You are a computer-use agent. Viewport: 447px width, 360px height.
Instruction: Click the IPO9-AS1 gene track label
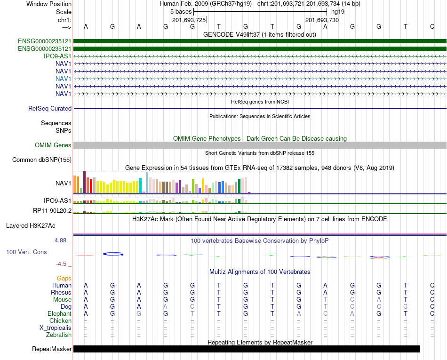pos(57,56)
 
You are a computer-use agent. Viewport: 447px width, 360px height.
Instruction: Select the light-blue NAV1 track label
pos(64,79)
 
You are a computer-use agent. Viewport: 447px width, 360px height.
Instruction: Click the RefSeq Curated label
pos(50,108)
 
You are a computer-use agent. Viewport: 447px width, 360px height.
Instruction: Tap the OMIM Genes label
pos(53,145)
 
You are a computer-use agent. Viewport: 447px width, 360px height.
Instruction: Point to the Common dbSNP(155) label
pos(42,160)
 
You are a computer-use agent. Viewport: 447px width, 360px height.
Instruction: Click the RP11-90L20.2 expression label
pos(52,211)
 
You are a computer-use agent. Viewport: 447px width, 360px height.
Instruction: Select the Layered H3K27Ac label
pos(31,226)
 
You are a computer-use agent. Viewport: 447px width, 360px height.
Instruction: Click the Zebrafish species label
pos(59,335)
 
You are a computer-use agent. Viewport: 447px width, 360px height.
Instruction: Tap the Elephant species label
pos(60,313)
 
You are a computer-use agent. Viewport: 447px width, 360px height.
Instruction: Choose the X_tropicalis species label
pos(56,328)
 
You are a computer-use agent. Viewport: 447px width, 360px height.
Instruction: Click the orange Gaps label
pos(64,278)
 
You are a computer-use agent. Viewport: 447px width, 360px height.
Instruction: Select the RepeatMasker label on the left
pos(52,349)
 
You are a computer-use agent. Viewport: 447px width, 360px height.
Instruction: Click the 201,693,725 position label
pos(189,20)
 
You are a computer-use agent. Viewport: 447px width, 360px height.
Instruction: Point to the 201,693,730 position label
pos(322,20)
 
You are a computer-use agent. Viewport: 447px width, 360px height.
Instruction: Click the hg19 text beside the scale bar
pos(338,12)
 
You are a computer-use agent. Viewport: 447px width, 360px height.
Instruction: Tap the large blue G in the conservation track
pos(113,254)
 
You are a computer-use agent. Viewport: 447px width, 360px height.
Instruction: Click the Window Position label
pos(49,4)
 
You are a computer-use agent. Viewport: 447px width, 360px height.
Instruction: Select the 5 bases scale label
pos(181,12)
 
